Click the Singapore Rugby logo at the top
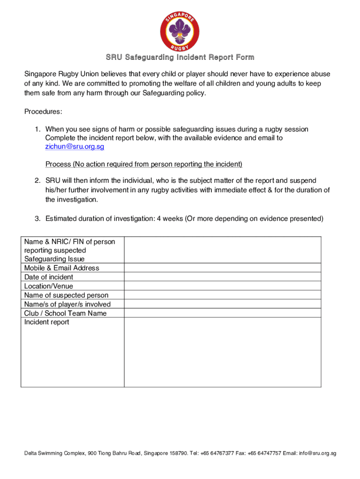[x=180, y=31]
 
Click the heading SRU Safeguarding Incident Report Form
[x=180, y=58]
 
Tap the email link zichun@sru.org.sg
[x=74, y=147]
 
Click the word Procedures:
[x=43, y=112]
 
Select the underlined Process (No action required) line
[x=144, y=164]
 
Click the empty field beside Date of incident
[x=223, y=277]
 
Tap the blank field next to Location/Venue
[x=223, y=286]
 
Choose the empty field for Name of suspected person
[x=223, y=295]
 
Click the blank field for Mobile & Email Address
[x=223, y=268]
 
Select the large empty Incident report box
[x=223, y=352]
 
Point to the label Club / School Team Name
[x=65, y=313]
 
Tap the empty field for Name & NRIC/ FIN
[x=223, y=250]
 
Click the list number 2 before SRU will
[x=37, y=181]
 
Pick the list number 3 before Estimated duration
[x=37, y=218]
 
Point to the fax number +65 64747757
[x=265, y=453]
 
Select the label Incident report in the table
[x=47, y=322]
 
